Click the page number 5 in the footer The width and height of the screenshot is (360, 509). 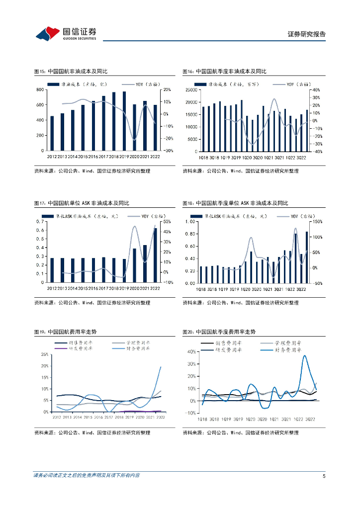[x=324, y=476]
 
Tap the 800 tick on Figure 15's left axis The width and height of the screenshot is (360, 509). [x=39, y=89]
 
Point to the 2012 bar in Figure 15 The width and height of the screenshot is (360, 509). [x=52, y=133]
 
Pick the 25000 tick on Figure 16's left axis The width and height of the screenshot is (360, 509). [x=191, y=90]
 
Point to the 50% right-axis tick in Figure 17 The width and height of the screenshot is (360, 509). [x=167, y=222]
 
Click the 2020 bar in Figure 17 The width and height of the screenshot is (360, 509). [x=134, y=265]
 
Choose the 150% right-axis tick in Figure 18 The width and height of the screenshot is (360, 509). [x=318, y=222]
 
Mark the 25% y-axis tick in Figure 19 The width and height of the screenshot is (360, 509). [x=44, y=354]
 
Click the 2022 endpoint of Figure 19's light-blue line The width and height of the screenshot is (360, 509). [x=161, y=367]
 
